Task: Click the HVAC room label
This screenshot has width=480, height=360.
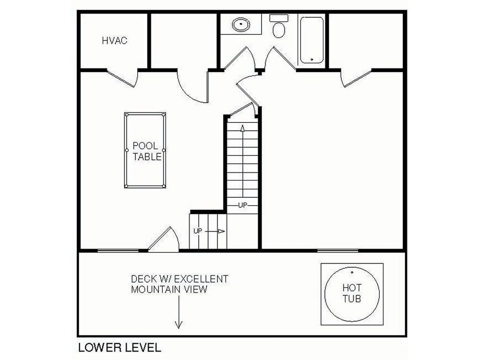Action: click(115, 41)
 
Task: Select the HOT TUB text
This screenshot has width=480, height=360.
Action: click(352, 293)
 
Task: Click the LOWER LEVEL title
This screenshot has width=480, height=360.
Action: click(120, 348)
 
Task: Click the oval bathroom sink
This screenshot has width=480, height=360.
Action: click(241, 24)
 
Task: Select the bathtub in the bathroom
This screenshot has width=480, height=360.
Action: click(312, 40)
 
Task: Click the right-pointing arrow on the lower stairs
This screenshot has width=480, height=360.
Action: click(215, 231)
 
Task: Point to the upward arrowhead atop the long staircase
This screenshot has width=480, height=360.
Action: click(243, 128)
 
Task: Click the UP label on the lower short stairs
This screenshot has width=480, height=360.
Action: click(198, 231)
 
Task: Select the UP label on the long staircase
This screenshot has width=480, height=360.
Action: click(242, 205)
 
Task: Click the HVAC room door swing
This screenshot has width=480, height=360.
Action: click(122, 78)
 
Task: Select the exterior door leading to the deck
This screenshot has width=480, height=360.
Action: click(164, 240)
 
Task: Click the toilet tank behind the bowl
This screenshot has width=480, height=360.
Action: click(279, 18)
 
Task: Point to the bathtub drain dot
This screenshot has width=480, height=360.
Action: click(312, 60)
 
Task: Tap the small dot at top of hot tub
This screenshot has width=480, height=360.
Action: click(352, 272)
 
